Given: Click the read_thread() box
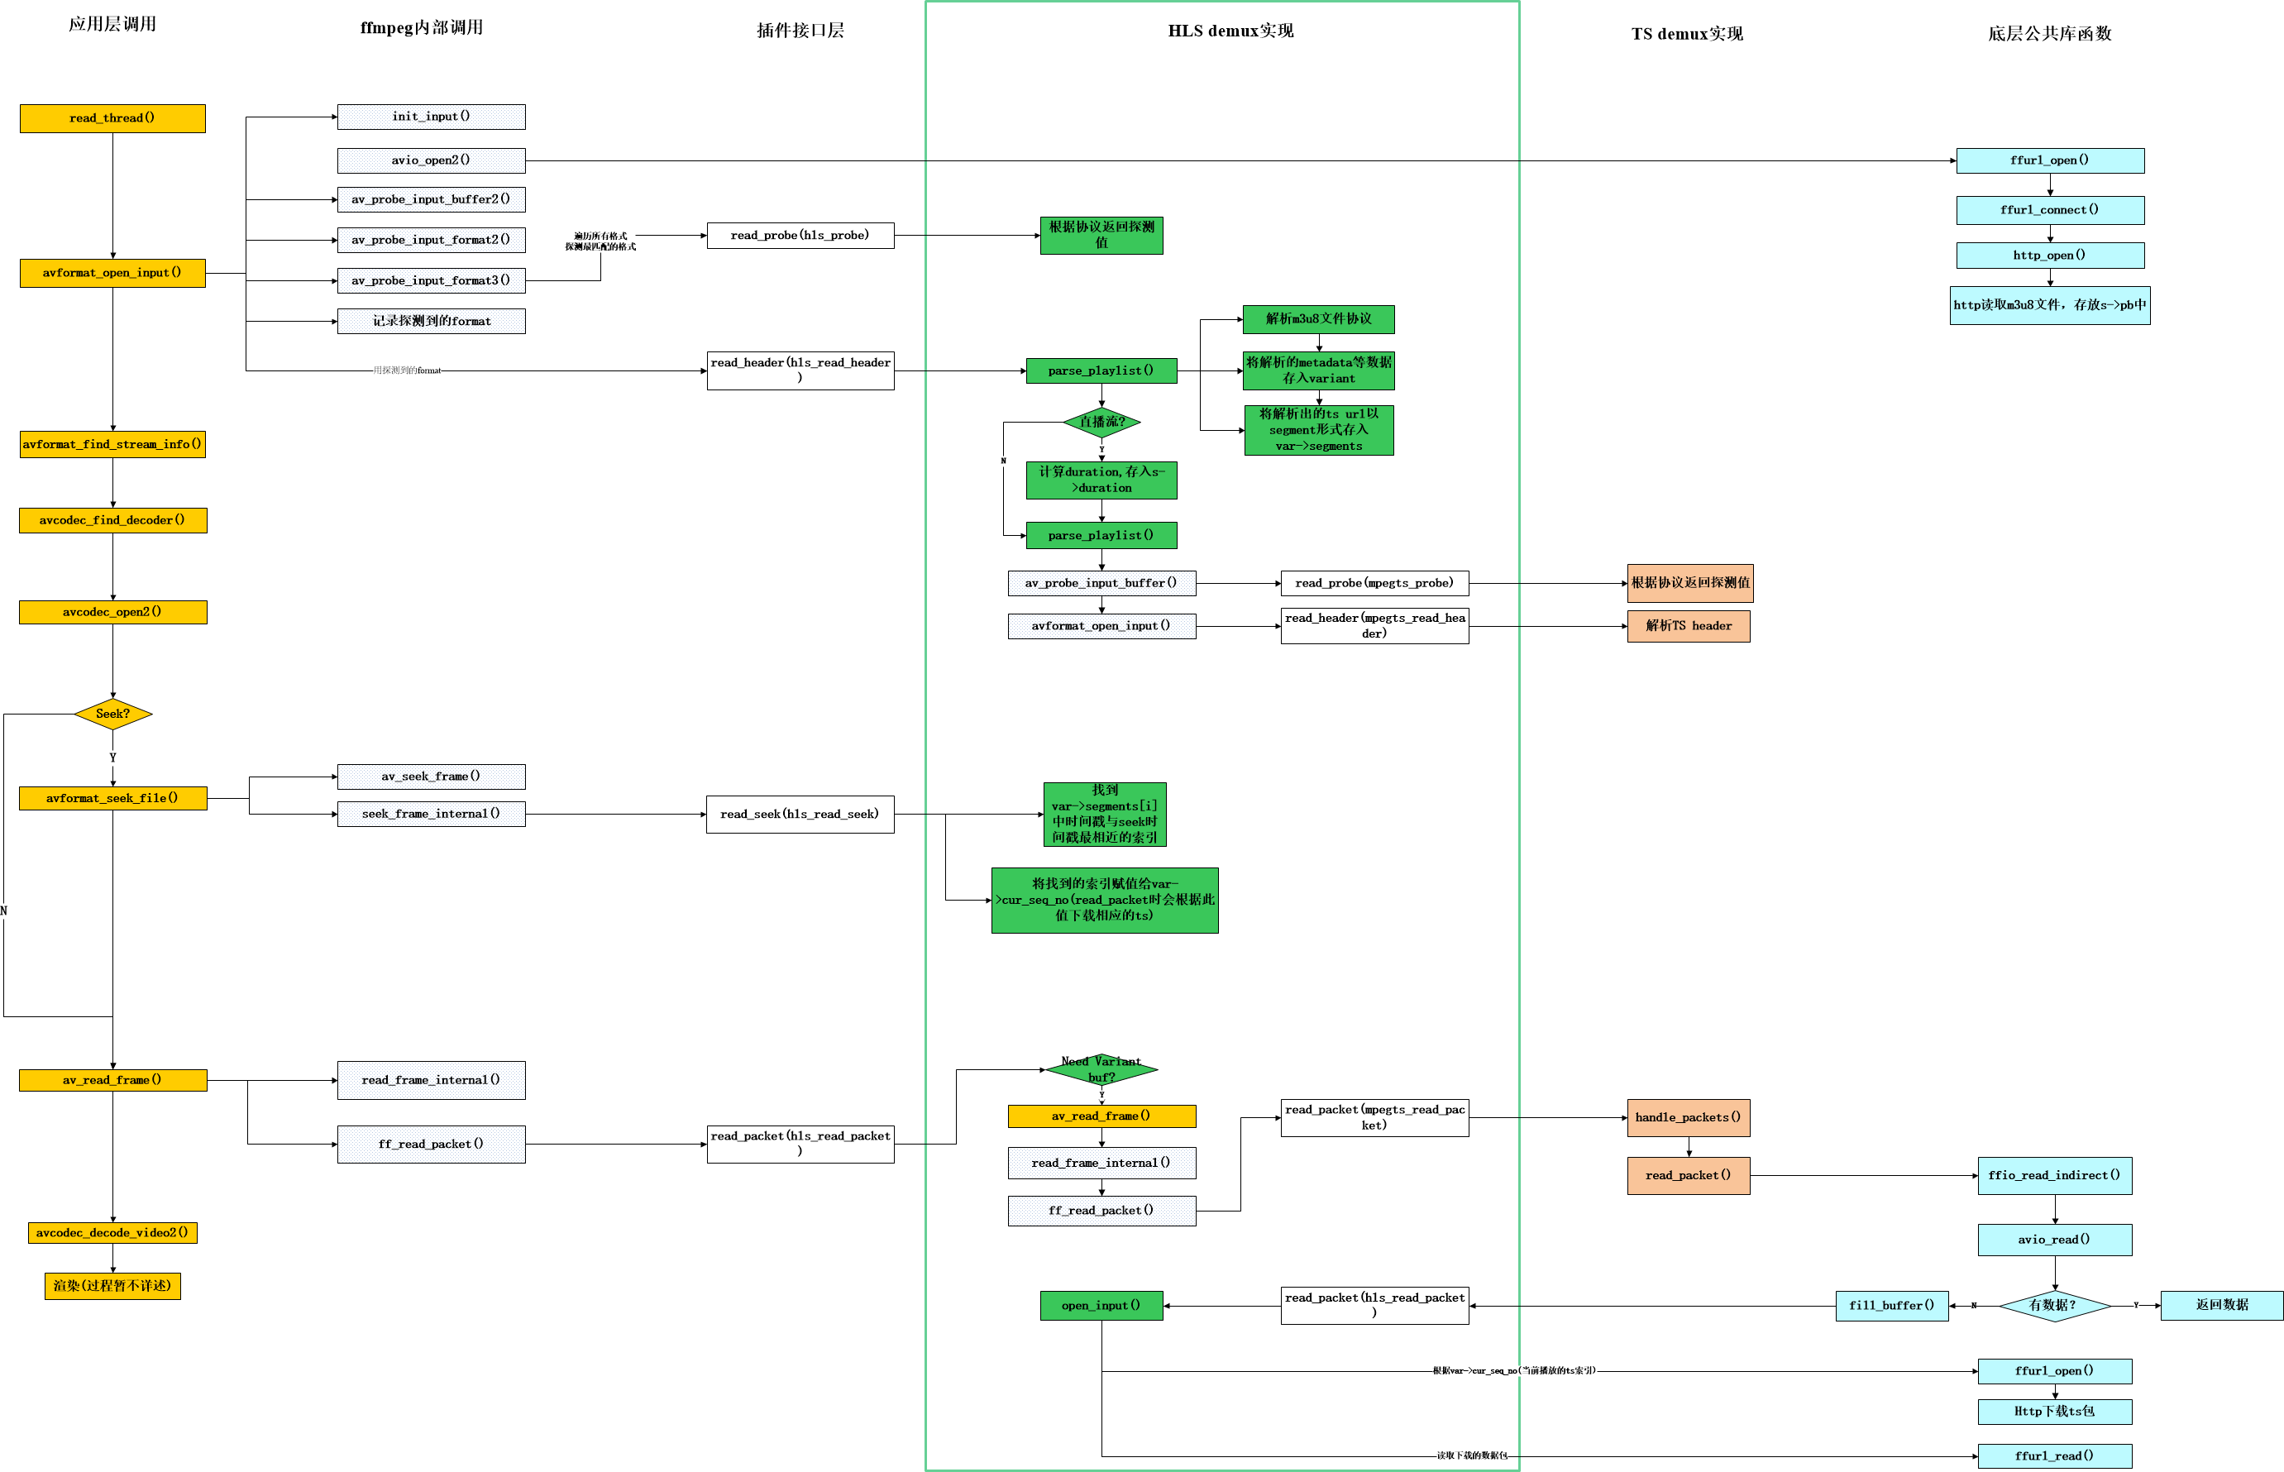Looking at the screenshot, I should click(x=112, y=118).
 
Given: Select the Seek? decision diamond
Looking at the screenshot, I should click(x=112, y=714).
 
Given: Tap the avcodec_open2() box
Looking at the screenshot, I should click(x=112, y=612).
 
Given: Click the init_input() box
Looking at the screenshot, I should click(x=431, y=117).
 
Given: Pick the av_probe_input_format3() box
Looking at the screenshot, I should click(x=431, y=280).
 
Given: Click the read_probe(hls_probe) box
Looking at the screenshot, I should click(x=800, y=235).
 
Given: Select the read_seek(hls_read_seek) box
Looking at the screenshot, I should click(x=800, y=815).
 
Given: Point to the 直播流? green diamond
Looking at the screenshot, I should click(x=1101, y=422).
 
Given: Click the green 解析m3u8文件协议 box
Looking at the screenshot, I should click(x=1318, y=319).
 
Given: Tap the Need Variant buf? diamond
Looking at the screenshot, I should click(x=1101, y=1068).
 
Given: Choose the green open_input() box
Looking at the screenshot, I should click(x=1101, y=1306).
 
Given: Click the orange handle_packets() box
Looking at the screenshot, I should click(x=1688, y=1117).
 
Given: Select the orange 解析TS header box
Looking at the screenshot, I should click(x=1688, y=626).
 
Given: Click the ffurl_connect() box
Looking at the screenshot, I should click(x=2049, y=210).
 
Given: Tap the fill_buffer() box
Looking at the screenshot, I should click(x=1891, y=1306).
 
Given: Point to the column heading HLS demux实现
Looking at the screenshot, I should click(x=1230, y=31).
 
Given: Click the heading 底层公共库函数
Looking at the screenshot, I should click(x=2049, y=33).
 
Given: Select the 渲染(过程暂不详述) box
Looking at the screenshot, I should click(x=112, y=1286).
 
